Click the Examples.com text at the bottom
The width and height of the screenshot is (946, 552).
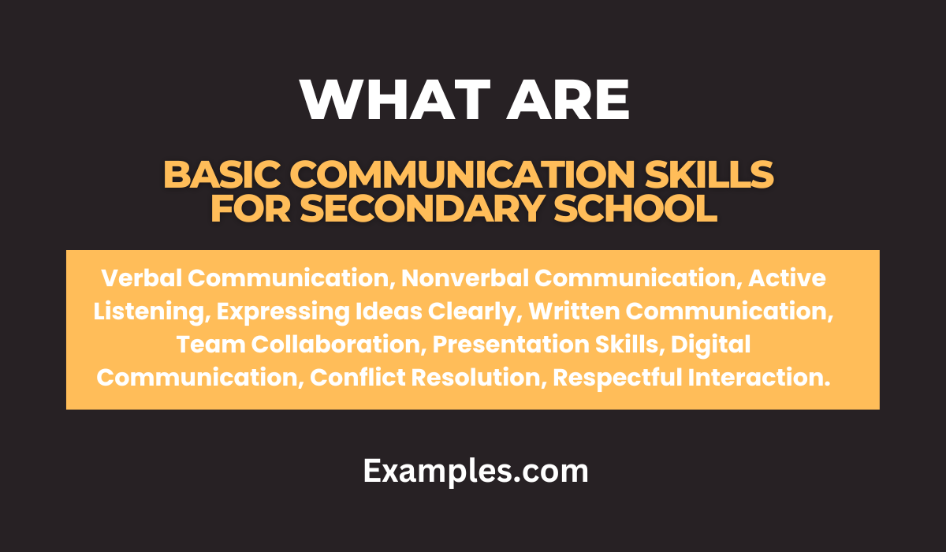pyautogui.click(x=475, y=471)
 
